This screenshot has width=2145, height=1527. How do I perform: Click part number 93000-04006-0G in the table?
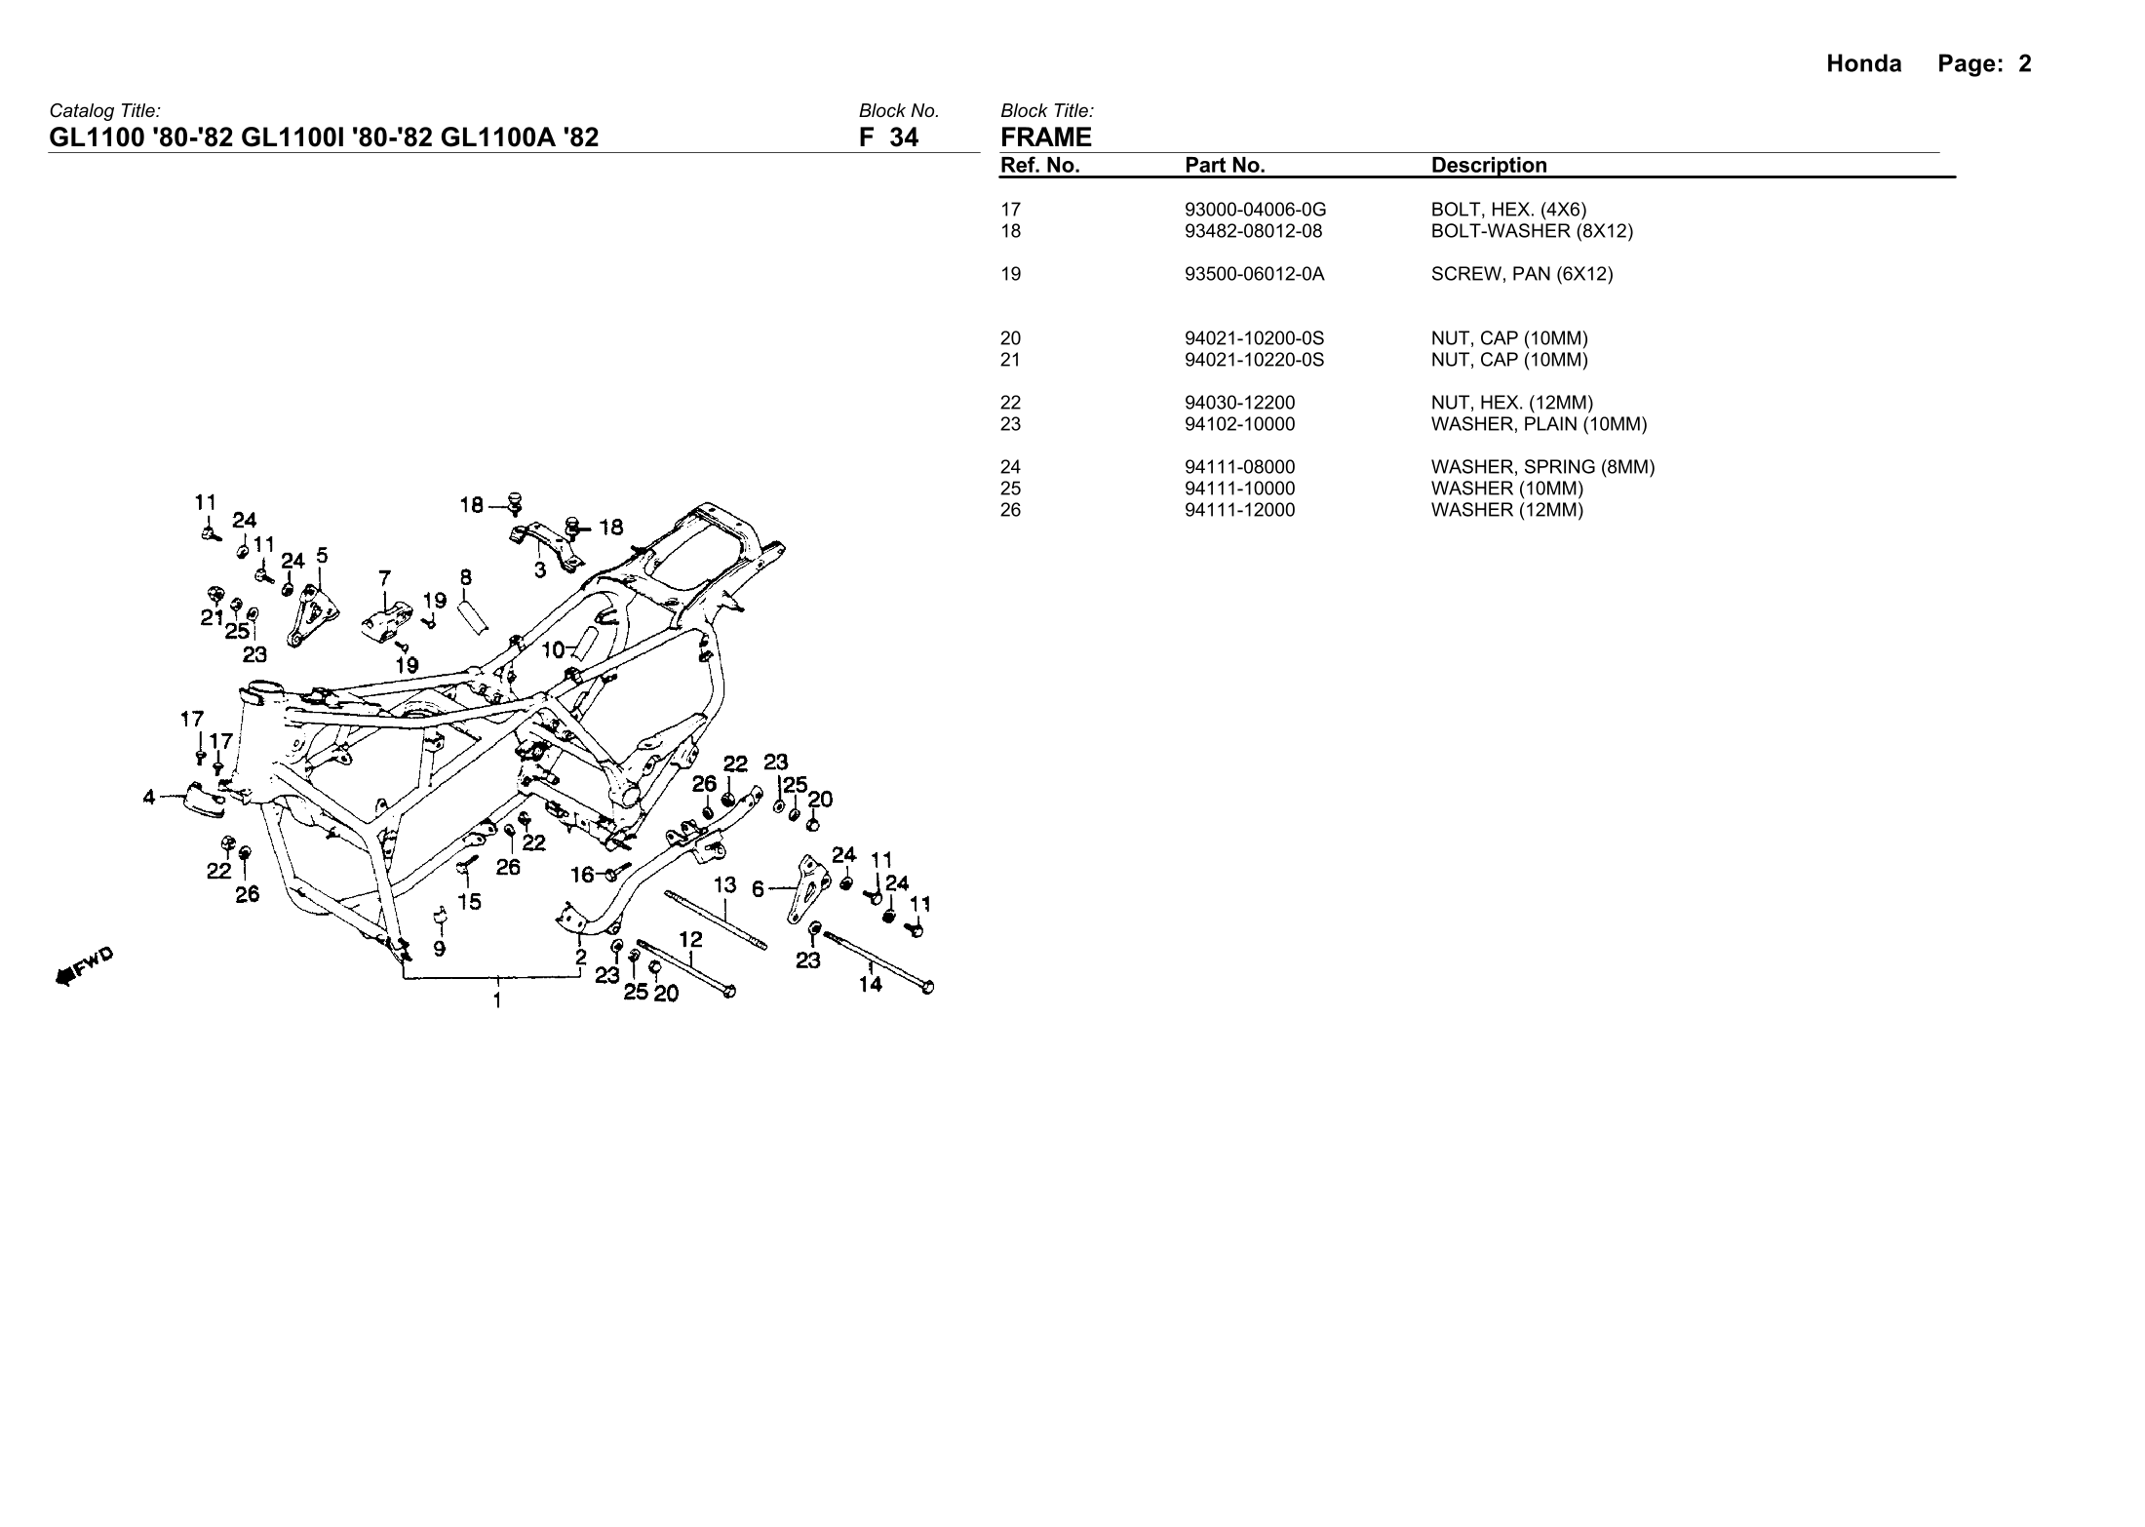point(1255,210)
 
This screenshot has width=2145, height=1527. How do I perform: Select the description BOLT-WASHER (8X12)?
point(1532,231)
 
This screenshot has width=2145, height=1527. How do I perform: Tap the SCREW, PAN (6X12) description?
point(1522,274)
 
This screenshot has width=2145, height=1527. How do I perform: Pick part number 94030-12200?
point(1240,403)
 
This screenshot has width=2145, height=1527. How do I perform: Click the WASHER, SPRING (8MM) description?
point(1542,467)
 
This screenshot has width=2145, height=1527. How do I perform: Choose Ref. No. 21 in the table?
point(1010,360)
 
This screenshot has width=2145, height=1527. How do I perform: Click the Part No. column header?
point(1225,166)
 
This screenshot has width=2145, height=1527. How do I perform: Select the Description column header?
point(1489,166)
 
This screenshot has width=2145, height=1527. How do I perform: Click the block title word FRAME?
point(1046,137)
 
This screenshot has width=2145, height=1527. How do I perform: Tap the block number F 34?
point(888,137)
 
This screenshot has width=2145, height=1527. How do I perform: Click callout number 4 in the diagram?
point(149,798)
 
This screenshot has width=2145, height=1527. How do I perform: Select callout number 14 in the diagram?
point(870,985)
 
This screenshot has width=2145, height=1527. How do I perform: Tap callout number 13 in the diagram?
point(724,885)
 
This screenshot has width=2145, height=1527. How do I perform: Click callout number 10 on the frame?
point(553,649)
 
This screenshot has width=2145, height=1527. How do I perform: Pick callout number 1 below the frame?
point(497,999)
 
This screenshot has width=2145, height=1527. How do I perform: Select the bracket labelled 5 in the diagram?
point(313,614)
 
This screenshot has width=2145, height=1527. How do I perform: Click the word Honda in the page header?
point(1863,64)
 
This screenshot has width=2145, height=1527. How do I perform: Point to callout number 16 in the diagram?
point(582,875)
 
